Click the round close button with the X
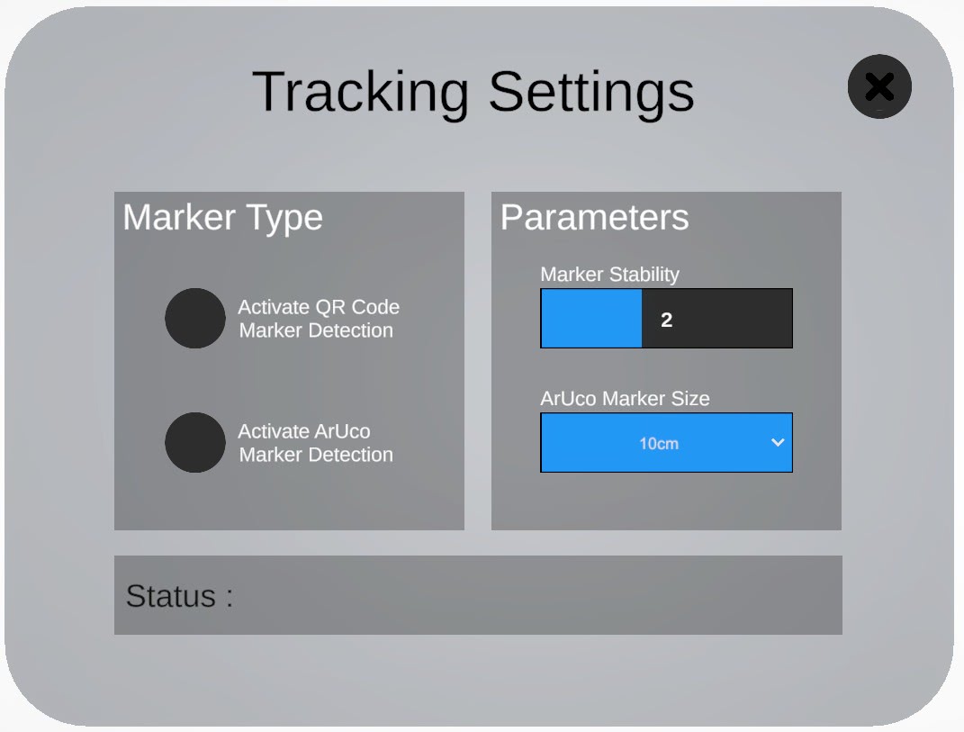pyautogui.click(x=879, y=86)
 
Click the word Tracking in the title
pyautogui.click(x=361, y=92)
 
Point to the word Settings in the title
pyautogui.click(x=591, y=92)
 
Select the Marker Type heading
pyautogui.click(x=222, y=218)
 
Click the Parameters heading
pyautogui.click(x=594, y=217)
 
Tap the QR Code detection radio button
pyautogui.click(x=195, y=318)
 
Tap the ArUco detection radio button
pyautogui.click(x=195, y=442)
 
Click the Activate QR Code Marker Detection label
pyautogui.click(x=319, y=319)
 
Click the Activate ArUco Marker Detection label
pyautogui.click(x=316, y=443)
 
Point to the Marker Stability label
pyautogui.click(x=610, y=275)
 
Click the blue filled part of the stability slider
pyautogui.click(x=591, y=319)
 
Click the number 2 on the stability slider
pyautogui.click(x=666, y=320)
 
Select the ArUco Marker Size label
pyautogui.click(x=625, y=399)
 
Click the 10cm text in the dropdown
pyautogui.click(x=659, y=444)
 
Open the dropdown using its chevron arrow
pyautogui.click(x=778, y=442)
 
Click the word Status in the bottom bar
pyautogui.click(x=171, y=596)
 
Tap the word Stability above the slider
pyautogui.click(x=644, y=275)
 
